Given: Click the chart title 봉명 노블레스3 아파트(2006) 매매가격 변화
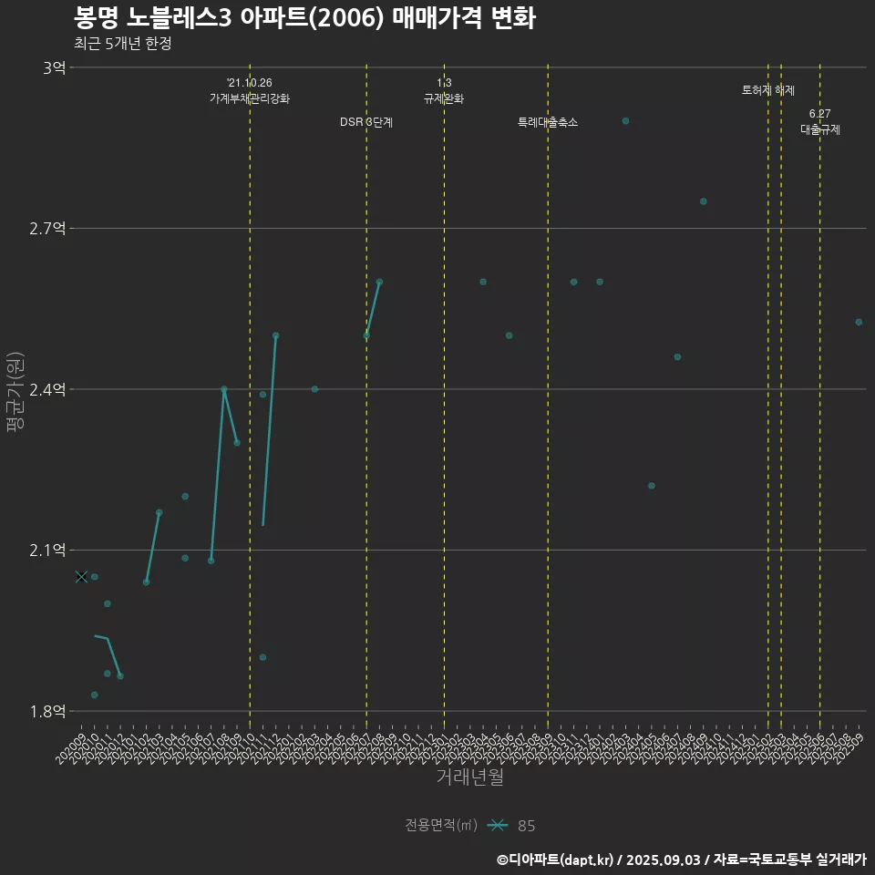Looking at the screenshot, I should tap(304, 18).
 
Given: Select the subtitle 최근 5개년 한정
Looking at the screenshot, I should tap(122, 44).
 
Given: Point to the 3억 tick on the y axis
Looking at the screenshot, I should tap(54, 67).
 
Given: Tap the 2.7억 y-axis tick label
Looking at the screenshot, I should tap(47, 228).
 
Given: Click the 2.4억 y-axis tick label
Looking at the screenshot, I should tap(47, 389).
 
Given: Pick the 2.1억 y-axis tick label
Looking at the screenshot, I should tap(47, 550).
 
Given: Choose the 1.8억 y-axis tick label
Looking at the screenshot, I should tap(47, 711).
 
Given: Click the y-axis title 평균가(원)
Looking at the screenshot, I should tap(15, 389).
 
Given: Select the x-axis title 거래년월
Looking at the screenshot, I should tap(469, 777).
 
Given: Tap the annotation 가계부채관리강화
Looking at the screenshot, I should tap(250, 98).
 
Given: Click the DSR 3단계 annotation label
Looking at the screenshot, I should tap(366, 122).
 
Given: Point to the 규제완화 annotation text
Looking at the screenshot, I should tap(444, 98).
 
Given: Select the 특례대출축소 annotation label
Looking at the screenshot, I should tap(548, 122).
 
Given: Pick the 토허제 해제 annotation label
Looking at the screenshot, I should tap(768, 90).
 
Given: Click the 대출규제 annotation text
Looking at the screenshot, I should tap(820, 129).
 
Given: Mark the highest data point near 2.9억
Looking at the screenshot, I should tap(625, 120).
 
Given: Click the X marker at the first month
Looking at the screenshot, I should tap(81, 576).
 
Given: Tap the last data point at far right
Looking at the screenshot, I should tap(859, 322).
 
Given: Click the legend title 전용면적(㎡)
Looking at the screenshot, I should tap(441, 826).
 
